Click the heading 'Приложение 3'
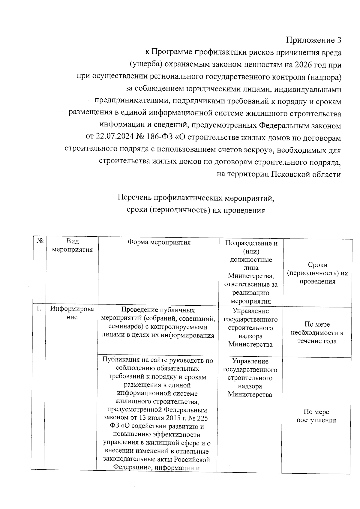313,40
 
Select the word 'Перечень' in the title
135,198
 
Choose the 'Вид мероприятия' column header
72,245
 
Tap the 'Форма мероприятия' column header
159,242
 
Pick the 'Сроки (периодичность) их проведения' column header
317,273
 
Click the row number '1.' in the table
39,309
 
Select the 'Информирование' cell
72,313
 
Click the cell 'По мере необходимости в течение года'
317,333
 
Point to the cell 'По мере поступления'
316,416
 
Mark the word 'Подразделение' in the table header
251,243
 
